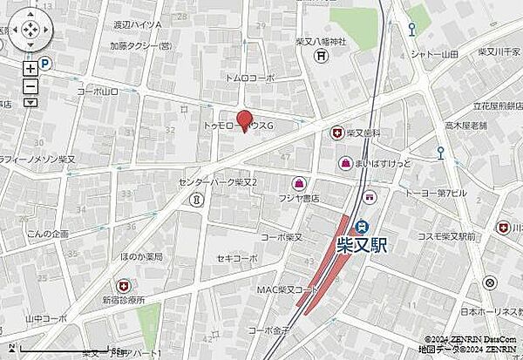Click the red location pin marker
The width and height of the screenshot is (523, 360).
click(246, 120)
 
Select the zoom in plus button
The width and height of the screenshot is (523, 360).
click(31, 69)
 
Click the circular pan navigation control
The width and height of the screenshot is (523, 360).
click(28, 31)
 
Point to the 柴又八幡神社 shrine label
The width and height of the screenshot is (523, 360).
click(321, 42)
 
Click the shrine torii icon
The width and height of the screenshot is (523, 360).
click(322, 57)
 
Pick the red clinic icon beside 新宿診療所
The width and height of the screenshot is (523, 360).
click(123, 285)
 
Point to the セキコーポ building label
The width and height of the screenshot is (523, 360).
click(238, 259)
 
